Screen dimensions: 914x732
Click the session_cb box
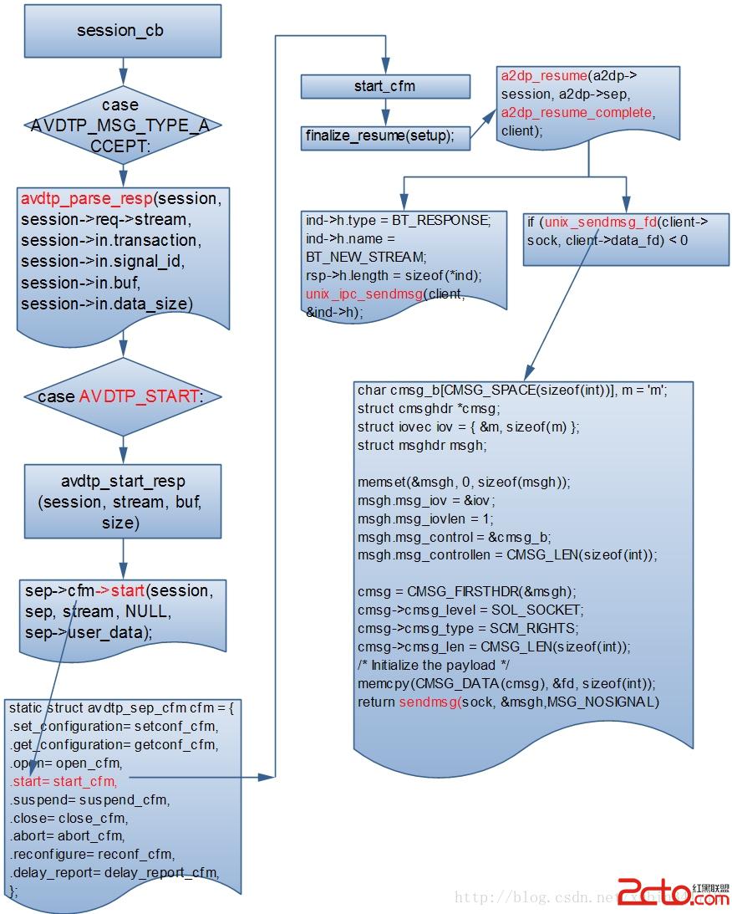[x=120, y=31]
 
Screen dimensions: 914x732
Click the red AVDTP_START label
[x=139, y=396]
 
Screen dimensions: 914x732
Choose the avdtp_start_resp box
[x=123, y=502]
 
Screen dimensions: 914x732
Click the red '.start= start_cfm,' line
[x=64, y=781]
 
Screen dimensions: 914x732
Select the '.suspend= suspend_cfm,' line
[x=89, y=799]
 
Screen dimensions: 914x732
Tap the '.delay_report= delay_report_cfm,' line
[x=114, y=873]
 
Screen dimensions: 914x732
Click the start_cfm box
[x=384, y=86]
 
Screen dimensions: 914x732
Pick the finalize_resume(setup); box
[x=380, y=136]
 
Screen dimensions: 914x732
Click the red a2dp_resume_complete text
[x=577, y=112]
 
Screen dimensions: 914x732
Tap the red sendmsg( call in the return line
[x=429, y=702]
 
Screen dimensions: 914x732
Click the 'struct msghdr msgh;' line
[x=421, y=445]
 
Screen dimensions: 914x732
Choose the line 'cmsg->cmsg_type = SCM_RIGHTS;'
[x=468, y=628]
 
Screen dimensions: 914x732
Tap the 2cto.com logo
[x=672, y=891]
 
